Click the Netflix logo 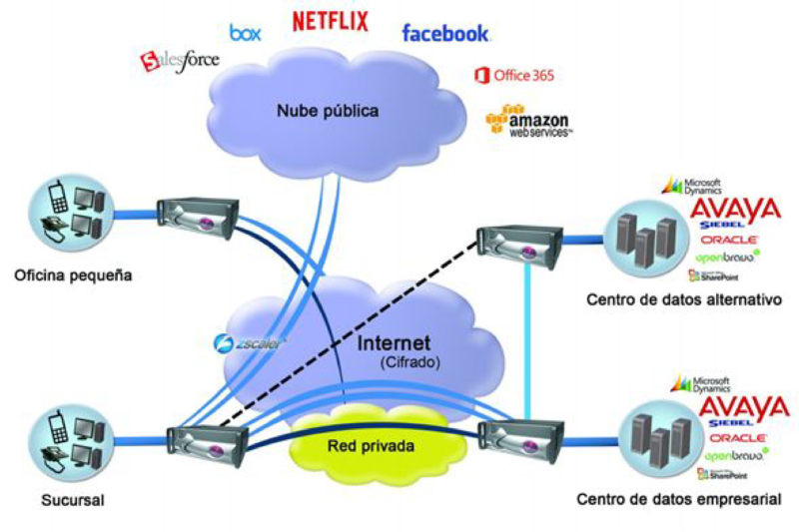pyautogui.click(x=330, y=21)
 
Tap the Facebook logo pyautogui.click(x=445, y=33)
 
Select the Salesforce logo pyautogui.click(x=180, y=62)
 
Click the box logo pyautogui.click(x=245, y=33)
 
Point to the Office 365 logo pyautogui.click(x=514, y=75)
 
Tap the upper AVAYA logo pyautogui.click(x=735, y=210)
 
